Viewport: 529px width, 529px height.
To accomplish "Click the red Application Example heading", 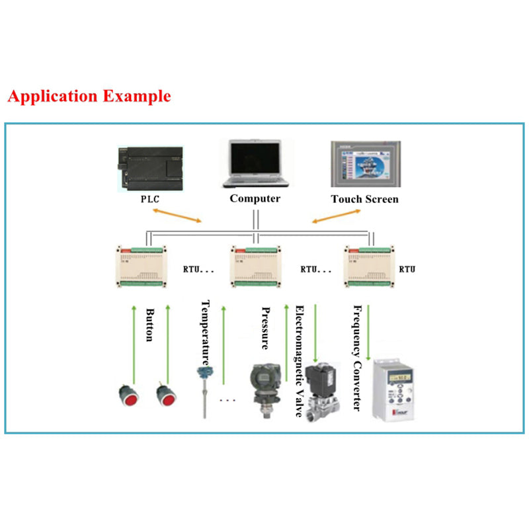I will (x=89, y=96).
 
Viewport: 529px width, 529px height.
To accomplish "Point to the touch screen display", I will (x=364, y=165).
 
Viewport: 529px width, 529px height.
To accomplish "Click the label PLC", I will (x=150, y=199).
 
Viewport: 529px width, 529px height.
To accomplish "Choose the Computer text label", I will (x=255, y=198).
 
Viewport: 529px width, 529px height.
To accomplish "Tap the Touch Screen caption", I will (x=364, y=199).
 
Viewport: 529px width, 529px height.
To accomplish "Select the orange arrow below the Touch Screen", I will (x=336, y=216).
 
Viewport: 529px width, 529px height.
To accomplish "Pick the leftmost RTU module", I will (x=143, y=267).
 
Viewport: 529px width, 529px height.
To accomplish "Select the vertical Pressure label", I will (x=265, y=328).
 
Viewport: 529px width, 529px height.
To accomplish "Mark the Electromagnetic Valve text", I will (x=300, y=361).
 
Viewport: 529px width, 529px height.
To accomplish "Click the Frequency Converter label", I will (x=357, y=358).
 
